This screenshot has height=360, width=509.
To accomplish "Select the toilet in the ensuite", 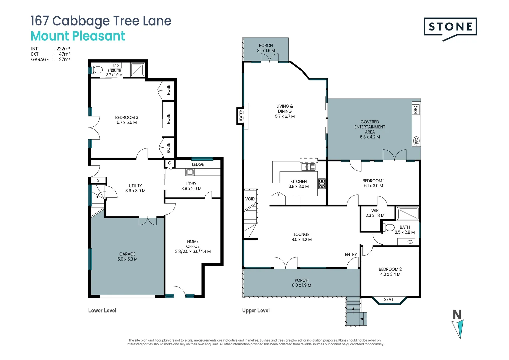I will pyautogui.click(x=97, y=70).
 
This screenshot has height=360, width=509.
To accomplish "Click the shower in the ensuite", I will pyautogui.click(x=137, y=70).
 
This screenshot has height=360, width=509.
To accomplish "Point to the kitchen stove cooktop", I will pyautogui.click(x=322, y=184).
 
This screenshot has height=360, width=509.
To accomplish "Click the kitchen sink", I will pyautogui.click(x=308, y=167).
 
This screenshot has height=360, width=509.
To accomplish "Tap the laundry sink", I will pyautogui.click(x=190, y=172).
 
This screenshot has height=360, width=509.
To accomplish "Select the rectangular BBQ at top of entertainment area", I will pyautogui.click(x=416, y=109).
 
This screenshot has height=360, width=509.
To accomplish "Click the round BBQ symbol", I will pyautogui.click(x=416, y=141).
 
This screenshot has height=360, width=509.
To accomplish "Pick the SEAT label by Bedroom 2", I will pyautogui.click(x=389, y=300).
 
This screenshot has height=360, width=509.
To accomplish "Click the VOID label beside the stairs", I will pyautogui.click(x=250, y=199).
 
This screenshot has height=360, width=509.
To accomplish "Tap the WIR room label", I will pyautogui.click(x=375, y=211).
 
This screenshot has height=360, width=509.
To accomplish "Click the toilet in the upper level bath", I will pyautogui.click(x=389, y=228).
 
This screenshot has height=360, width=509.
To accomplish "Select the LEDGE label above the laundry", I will pyautogui.click(x=198, y=164).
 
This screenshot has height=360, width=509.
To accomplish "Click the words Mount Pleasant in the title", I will pyautogui.click(x=78, y=36).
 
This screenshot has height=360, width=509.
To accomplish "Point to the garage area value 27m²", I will pyautogui.click(x=64, y=60).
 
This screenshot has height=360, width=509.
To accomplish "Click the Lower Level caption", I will pyautogui.click(x=102, y=311).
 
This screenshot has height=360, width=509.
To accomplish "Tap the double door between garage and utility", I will pyautogui.click(x=148, y=221).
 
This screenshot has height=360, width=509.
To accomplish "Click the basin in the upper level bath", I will pyautogui.click(x=411, y=242).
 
